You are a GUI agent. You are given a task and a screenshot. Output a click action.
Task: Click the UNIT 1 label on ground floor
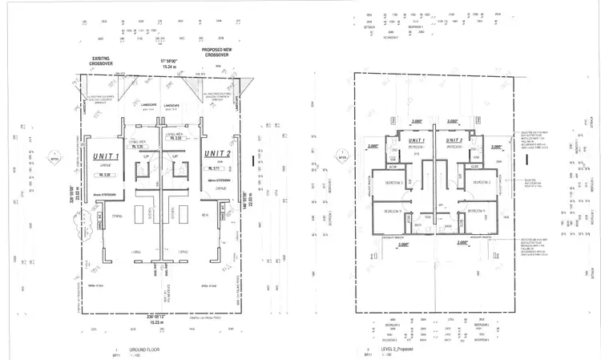(107, 157)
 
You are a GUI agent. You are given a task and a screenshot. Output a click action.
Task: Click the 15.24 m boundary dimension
(167, 67)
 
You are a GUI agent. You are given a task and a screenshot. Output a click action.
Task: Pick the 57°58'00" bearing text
(167, 60)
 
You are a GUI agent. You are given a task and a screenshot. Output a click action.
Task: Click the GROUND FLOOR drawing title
(135, 350)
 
